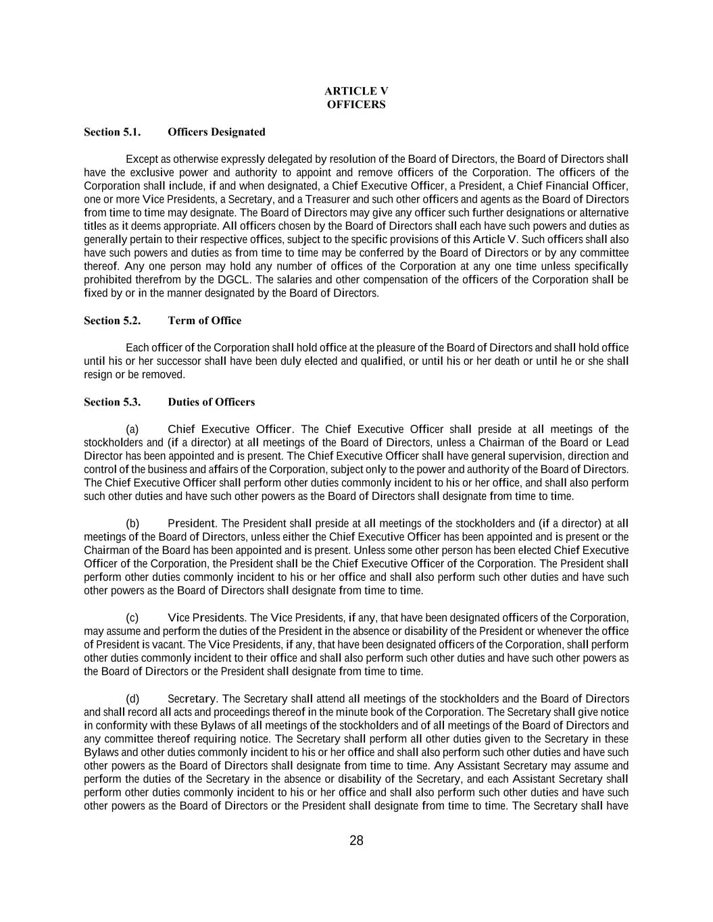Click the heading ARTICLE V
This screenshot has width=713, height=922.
point(356,91)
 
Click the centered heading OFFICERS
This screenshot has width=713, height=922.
point(356,105)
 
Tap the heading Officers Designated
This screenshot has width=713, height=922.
point(216,132)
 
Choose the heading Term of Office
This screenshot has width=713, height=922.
point(204,321)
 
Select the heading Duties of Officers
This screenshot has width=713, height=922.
point(211,402)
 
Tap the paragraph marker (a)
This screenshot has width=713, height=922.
point(132,430)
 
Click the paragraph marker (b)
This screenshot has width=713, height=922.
point(132,523)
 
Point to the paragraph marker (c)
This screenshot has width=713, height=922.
point(132,618)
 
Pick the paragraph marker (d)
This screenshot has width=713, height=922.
point(132,698)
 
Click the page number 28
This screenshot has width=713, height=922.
point(356,841)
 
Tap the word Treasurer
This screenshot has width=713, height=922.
point(328,199)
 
